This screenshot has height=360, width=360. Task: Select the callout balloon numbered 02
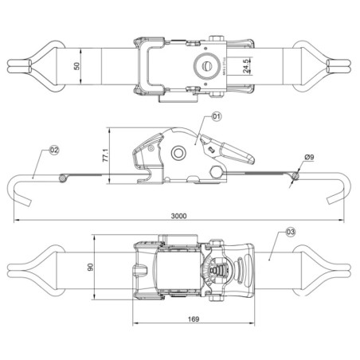pos(55,149)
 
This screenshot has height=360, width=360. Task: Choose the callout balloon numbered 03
pos(290,232)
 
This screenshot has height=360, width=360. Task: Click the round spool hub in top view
pos(205,65)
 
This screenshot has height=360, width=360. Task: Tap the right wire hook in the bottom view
pos(335,268)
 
